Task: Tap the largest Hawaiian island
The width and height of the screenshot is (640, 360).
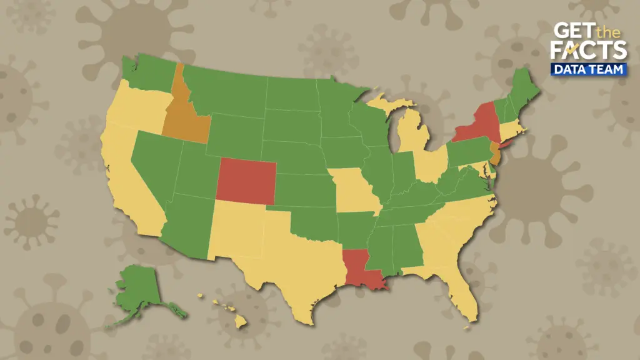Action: coord(241,321)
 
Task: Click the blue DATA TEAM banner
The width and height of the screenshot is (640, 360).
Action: coord(588,69)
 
